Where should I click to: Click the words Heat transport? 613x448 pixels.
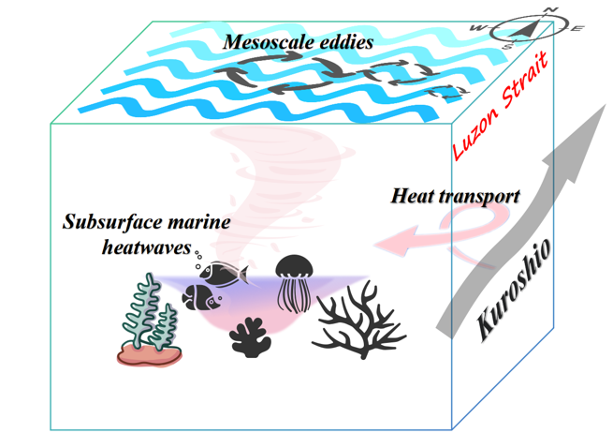click(x=455, y=197)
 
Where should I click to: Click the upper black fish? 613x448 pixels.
click(x=226, y=274)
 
